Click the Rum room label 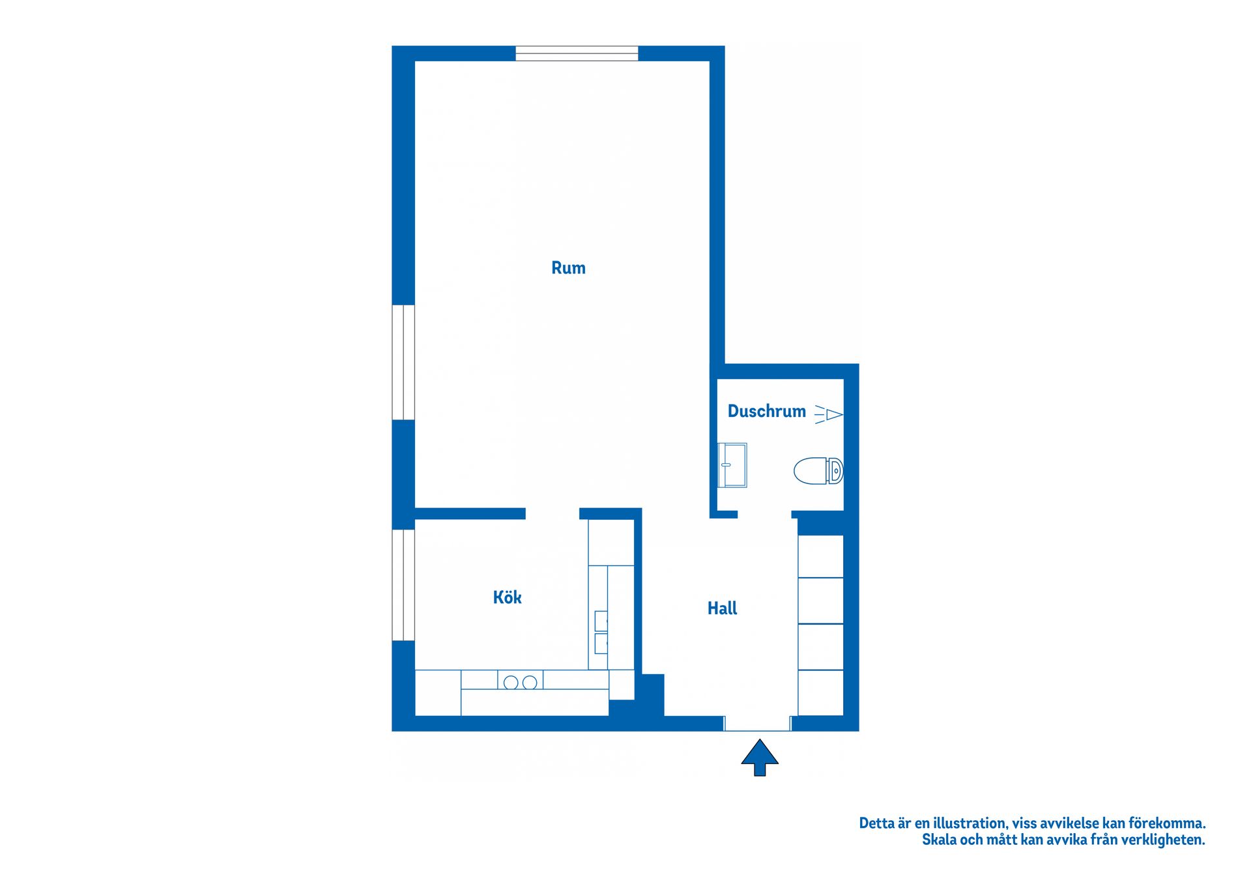[568, 268]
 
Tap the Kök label [507, 597]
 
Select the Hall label [722, 608]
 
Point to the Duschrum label [766, 411]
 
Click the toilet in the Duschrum [818, 471]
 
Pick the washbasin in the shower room [732, 465]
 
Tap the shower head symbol [829, 414]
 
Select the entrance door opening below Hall [757, 723]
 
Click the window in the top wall [577, 53]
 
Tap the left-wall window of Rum [403, 362]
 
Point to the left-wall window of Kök [403, 585]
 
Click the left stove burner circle [511, 683]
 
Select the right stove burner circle [530, 683]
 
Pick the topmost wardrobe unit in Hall [820, 556]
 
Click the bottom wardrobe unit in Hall [820, 693]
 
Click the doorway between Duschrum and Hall [764, 515]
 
